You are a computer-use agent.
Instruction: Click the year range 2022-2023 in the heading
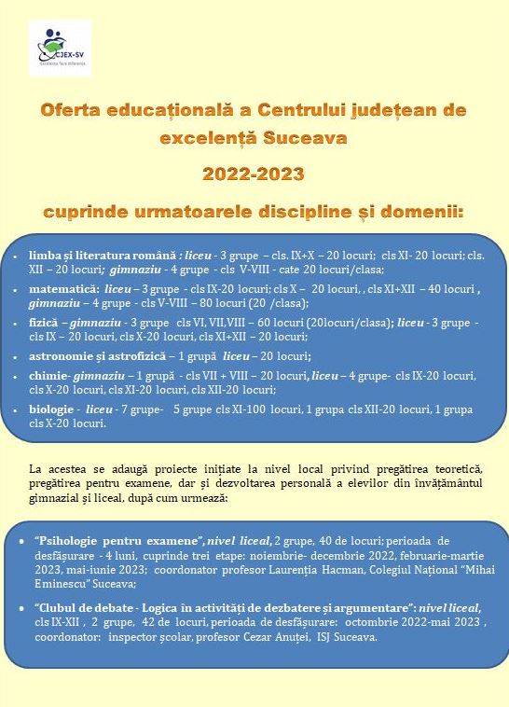pos(254,174)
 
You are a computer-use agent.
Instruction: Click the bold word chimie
pos(47,375)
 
